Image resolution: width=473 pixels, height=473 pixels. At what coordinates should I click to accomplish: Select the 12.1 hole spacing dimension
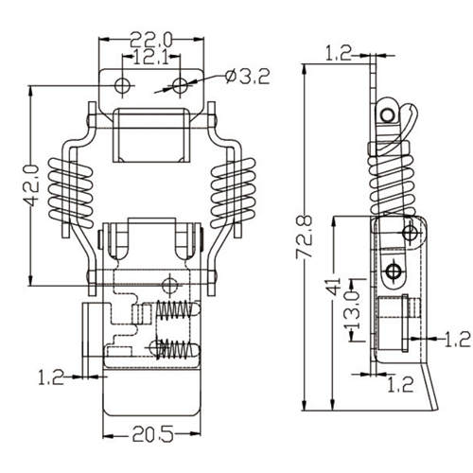pos(150,59)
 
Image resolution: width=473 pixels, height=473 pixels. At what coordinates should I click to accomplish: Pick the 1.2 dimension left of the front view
pos(51,377)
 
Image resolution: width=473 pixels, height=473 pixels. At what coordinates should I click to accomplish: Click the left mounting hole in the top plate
pos(121,86)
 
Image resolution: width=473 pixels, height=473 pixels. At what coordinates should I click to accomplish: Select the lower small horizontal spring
pos(176,347)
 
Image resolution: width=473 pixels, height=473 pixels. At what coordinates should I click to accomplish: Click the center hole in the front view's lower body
pos(170,284)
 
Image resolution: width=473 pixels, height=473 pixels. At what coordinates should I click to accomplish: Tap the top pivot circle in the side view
pos(388,114)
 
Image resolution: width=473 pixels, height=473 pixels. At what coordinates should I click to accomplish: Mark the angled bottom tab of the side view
pos(431,388)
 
